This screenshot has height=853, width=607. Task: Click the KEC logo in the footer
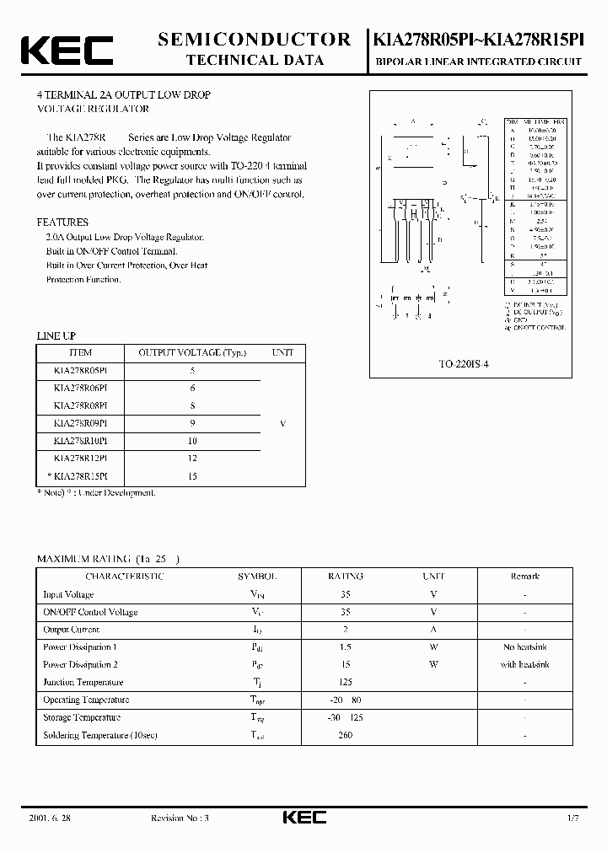coord(303,818)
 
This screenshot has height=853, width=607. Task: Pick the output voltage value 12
coord(193,459)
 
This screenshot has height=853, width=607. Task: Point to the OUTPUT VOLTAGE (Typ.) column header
coord(192,353)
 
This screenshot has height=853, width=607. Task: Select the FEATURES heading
coord(62,223)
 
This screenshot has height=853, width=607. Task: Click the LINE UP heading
coord(56,336)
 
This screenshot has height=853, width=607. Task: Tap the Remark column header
coord(524,577)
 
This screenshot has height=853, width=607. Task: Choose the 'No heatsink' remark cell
coord(524,647)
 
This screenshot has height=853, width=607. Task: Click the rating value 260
coord(345,735)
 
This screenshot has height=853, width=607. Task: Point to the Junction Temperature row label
coord(83,683)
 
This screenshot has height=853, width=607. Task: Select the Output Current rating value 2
coord(345,630)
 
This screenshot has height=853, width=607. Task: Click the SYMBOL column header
coord(257,577)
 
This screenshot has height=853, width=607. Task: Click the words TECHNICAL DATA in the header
coord(254,60)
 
